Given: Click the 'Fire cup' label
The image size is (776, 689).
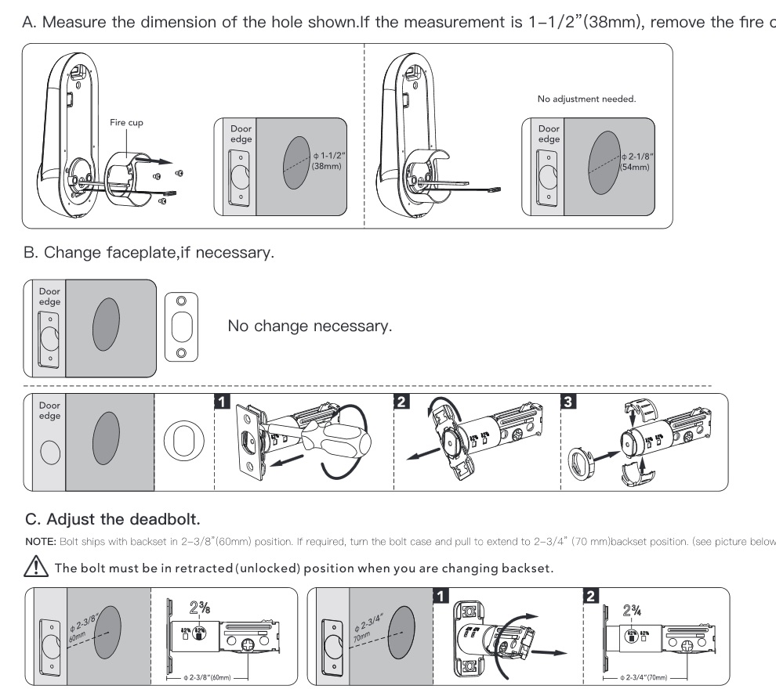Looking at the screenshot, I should [126, 122].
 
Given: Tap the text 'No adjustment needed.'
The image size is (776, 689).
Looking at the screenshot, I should [586, 99].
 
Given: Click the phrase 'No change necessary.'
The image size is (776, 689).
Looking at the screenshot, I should [309, 326].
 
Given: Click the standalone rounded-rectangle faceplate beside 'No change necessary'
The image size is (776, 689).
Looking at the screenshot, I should [181, 326].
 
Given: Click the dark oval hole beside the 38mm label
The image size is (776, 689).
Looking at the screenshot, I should [295, 163].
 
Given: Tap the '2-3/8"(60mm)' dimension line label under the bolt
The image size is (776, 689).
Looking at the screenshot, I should [212, 676].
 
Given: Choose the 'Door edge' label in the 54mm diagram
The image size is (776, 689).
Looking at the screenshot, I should [549, 134].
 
